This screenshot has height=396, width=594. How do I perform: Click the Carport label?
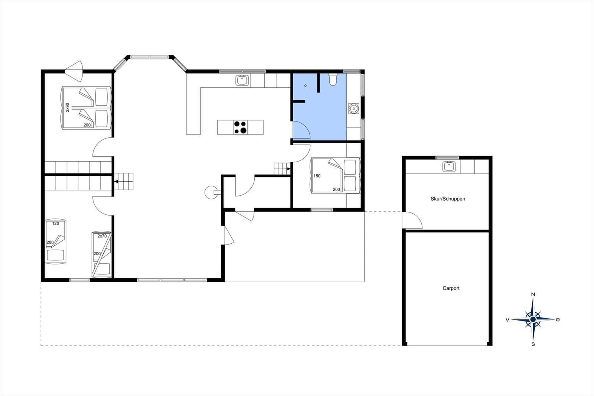451,288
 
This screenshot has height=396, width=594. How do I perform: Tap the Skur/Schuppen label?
448,199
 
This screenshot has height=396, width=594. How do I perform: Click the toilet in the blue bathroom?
333,79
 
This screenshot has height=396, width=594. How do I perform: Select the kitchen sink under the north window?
242,80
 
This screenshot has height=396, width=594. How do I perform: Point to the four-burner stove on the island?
241,127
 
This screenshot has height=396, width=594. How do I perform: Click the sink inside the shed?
449,167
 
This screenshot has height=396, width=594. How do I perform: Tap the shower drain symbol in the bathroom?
306,86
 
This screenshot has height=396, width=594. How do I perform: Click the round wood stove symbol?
211,192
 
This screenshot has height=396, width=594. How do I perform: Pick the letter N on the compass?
533,294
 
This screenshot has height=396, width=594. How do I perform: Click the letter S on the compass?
533,344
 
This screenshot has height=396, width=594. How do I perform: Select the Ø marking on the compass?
558,320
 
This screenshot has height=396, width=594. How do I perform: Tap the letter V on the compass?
507,320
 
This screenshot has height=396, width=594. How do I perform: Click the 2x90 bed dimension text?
67,107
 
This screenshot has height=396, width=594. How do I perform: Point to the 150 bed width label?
317,176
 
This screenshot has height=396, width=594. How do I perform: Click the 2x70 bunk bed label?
102,236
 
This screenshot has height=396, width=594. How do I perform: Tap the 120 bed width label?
55,224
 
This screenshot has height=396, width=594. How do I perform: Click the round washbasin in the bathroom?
353,108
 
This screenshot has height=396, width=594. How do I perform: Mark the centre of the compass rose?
533,319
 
